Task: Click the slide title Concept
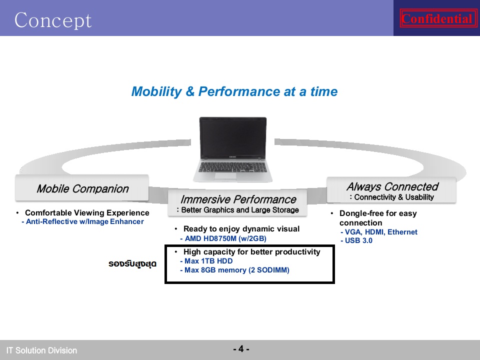(53, 20)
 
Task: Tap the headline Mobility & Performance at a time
(234, 91)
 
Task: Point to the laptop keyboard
(233, 167)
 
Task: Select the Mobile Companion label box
(82, 188)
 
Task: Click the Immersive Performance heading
(238, 199)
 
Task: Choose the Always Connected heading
(392, 186)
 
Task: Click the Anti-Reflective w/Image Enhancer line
(82, 221)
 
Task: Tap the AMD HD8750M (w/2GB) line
(223, 238)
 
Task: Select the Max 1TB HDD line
(206, 261)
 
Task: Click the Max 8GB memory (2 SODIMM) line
(235, 270)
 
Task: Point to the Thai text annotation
(132, 263)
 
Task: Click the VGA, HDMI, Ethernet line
(378, 232)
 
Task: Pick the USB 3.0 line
(356, 240)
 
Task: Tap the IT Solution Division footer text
(41, 350)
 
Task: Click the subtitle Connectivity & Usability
(392, 197)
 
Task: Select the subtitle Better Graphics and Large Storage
(238, 210)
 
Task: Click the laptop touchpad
(225, 175)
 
